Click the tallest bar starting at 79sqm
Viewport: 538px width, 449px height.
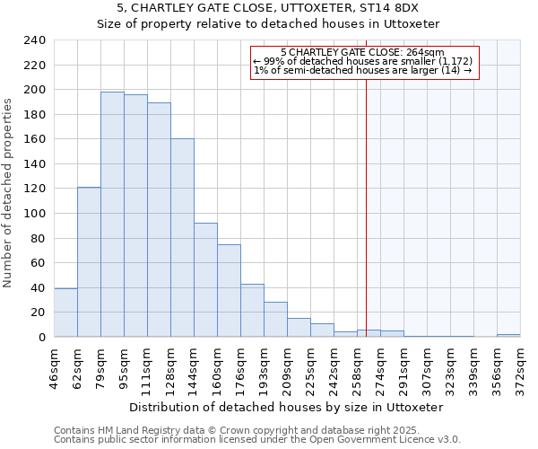[x=112, y=215]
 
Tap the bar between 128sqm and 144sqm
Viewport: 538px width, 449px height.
[x=182, y=238]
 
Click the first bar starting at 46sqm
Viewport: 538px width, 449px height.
[x=65, y=313]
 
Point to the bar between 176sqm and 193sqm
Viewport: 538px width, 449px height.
[x=252, y=311]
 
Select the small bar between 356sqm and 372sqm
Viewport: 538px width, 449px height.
[x=508, y=335]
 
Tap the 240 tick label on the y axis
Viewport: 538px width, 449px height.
[x=34, y=40]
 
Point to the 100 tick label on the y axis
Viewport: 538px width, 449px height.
[x=34, y=214]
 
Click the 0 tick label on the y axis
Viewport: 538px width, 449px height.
[x=41, y=338]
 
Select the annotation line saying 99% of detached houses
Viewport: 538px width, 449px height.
[x=363, y=61]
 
